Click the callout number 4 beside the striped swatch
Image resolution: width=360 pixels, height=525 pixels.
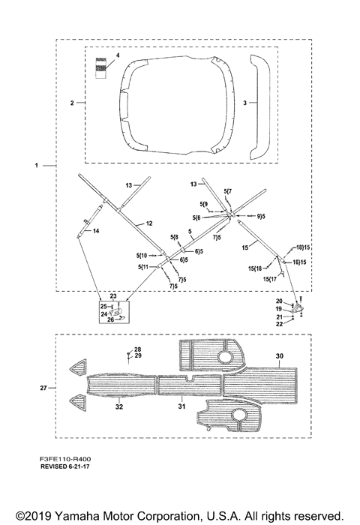click(118, 55)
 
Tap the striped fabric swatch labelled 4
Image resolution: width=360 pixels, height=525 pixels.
click(100, 68)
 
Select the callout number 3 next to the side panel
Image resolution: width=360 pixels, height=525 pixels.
click(244, 103)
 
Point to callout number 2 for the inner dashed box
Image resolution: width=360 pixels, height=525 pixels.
click(72, 103)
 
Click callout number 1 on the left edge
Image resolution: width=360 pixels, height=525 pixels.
click(37, 166)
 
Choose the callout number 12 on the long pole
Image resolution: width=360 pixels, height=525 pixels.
click(149, 223)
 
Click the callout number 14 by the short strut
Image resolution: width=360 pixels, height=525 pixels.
click(96, 231)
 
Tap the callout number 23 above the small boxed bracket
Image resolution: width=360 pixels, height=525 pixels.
click(113, 296)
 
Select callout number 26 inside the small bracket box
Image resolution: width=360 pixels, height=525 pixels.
click(110, 319)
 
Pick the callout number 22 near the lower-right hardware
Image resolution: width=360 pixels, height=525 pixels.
click(279, 324)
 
